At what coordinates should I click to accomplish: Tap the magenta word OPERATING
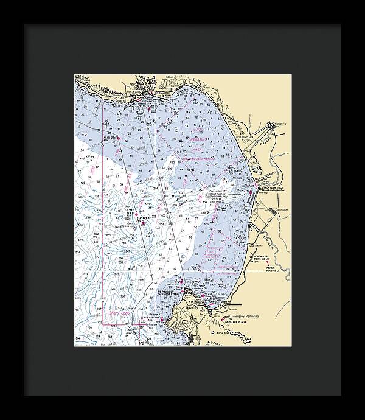point(200,139)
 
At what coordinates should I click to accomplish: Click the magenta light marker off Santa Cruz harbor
point(156,102)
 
